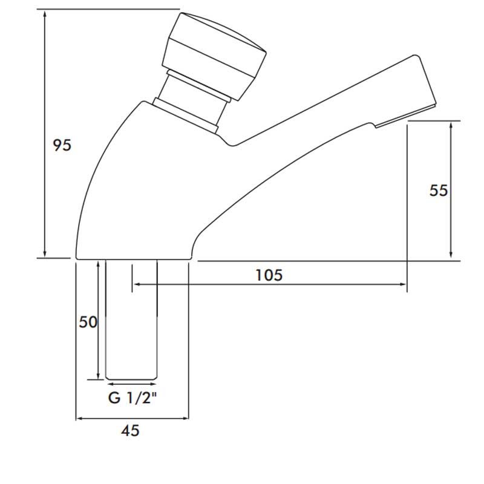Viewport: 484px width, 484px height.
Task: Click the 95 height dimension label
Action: [x=62, y=145]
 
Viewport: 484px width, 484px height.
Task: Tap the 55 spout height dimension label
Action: [x=439, y=190]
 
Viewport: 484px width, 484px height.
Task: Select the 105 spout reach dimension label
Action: [x=269, y=275]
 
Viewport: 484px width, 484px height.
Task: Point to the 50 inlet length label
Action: [x=88, y=322]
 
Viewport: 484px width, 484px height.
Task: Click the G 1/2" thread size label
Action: [x=131, y=399]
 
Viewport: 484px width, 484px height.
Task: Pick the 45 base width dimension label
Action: [x=131, y=431]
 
